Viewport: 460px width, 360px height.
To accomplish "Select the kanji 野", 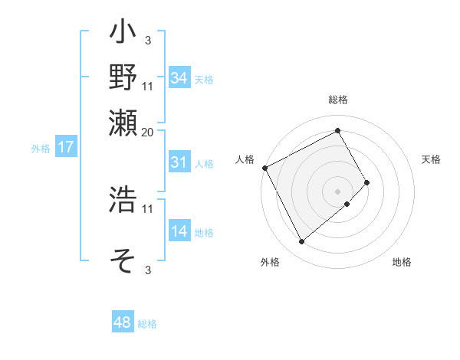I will (x=123, y=79).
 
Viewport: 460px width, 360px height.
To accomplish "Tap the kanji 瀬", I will (x=123, y=123).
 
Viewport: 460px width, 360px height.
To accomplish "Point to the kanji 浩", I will (x=123, y=200).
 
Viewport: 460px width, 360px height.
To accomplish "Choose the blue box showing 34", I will (x=179, y=78).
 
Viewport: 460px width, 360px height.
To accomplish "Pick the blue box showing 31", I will (x=179, y=162).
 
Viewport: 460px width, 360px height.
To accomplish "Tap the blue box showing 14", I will (x=179, y=231).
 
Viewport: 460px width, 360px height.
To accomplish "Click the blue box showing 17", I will (x=65, y=148).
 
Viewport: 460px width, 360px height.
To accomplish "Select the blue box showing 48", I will (x=123, y=322).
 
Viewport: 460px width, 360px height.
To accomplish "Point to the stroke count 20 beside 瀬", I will (x=148, y=132).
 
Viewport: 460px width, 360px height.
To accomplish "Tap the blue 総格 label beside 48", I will (x=147, y=324).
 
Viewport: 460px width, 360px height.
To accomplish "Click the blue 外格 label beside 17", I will (x=41, y=149).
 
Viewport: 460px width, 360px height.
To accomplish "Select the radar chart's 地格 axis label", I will (x=402, y=262).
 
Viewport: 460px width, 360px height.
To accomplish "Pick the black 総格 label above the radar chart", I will (x=337, y=100).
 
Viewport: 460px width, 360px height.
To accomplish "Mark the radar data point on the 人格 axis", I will (x=264, y=168).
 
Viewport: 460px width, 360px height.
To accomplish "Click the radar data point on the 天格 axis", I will (x=366, y=182).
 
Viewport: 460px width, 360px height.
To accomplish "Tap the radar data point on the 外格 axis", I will (x=301, y=242).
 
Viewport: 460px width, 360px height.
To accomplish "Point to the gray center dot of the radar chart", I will (x=337, y=191).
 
